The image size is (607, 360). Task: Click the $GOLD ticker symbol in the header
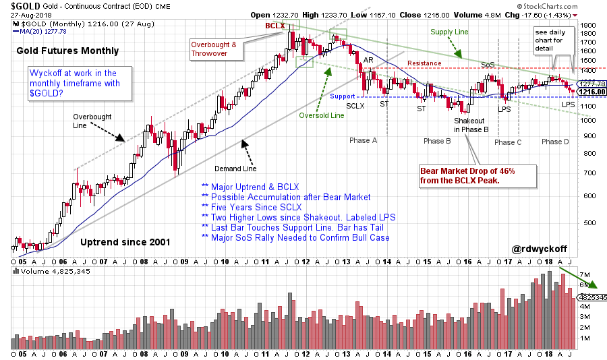coord(24,5)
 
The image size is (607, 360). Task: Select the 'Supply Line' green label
coord(449,30)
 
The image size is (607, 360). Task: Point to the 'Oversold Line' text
coord(322,115)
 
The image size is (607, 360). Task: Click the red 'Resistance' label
coord(424,63)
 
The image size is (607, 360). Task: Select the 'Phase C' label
coord(509,142)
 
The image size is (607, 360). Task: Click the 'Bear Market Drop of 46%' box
coord(467,176)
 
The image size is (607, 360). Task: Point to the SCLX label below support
coord(355,106)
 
